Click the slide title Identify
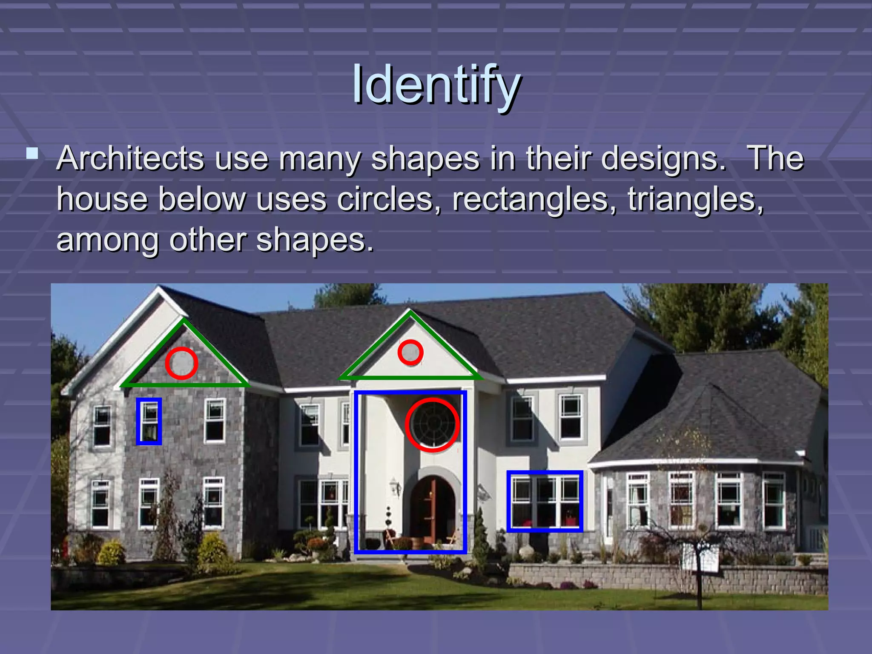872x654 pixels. pyautogui.click(x=436, y=85)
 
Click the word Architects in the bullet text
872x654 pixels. pyautogui.click(x=130, y=159)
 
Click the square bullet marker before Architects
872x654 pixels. pyautogui.click(x=32, y=153)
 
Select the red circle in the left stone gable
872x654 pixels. pyautogui.click(x=181, y=363)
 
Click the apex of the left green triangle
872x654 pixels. pyautogui.click(x=184, y=320)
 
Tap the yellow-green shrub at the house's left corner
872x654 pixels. pyautogui.click(x=112, y=552)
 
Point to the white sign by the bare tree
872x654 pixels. pyautogui.click(x=700, y=558)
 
